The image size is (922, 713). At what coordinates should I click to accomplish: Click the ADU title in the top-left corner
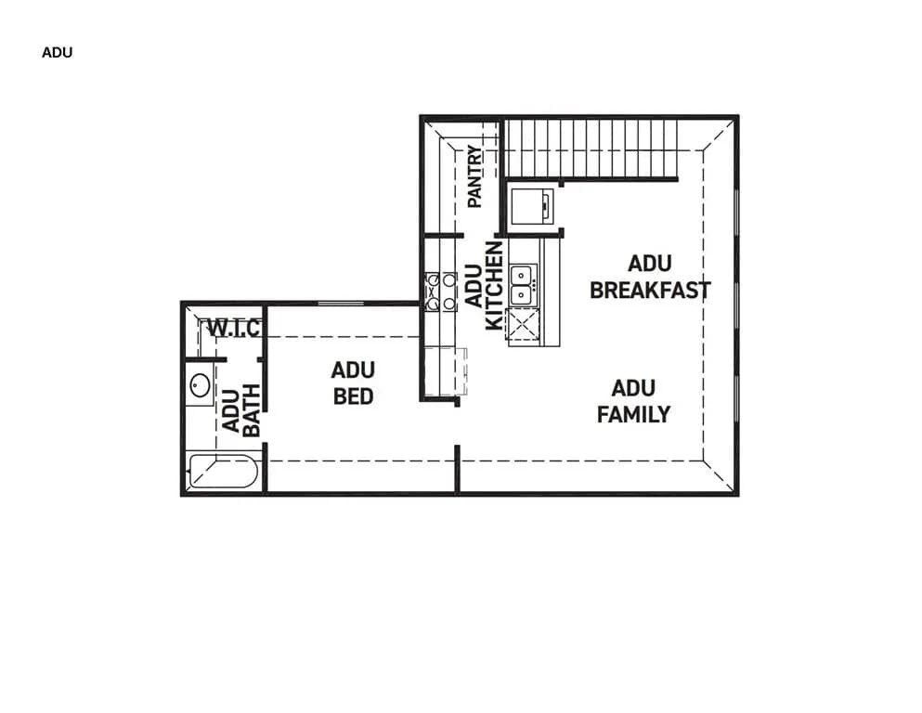[57, 53]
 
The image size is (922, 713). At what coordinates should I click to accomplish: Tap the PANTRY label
[474, 176]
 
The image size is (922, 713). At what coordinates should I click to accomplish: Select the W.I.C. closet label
[233, 328]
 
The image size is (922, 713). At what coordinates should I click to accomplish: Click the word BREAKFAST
[650, 290]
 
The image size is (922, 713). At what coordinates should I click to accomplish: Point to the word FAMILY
[633, 414]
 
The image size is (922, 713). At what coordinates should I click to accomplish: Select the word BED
[353, 396]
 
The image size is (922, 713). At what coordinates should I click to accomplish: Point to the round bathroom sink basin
[199, 385]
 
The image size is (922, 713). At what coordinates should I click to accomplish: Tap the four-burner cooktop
[440, 291]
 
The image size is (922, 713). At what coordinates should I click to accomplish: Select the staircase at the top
[591, 148]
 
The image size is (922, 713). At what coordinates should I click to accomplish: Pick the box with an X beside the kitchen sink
[523, 325]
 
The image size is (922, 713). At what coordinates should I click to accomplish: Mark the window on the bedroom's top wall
[340, 304]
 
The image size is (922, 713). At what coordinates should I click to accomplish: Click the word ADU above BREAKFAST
[649, 264]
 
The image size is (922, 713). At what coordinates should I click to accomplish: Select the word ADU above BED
[353, 370]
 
